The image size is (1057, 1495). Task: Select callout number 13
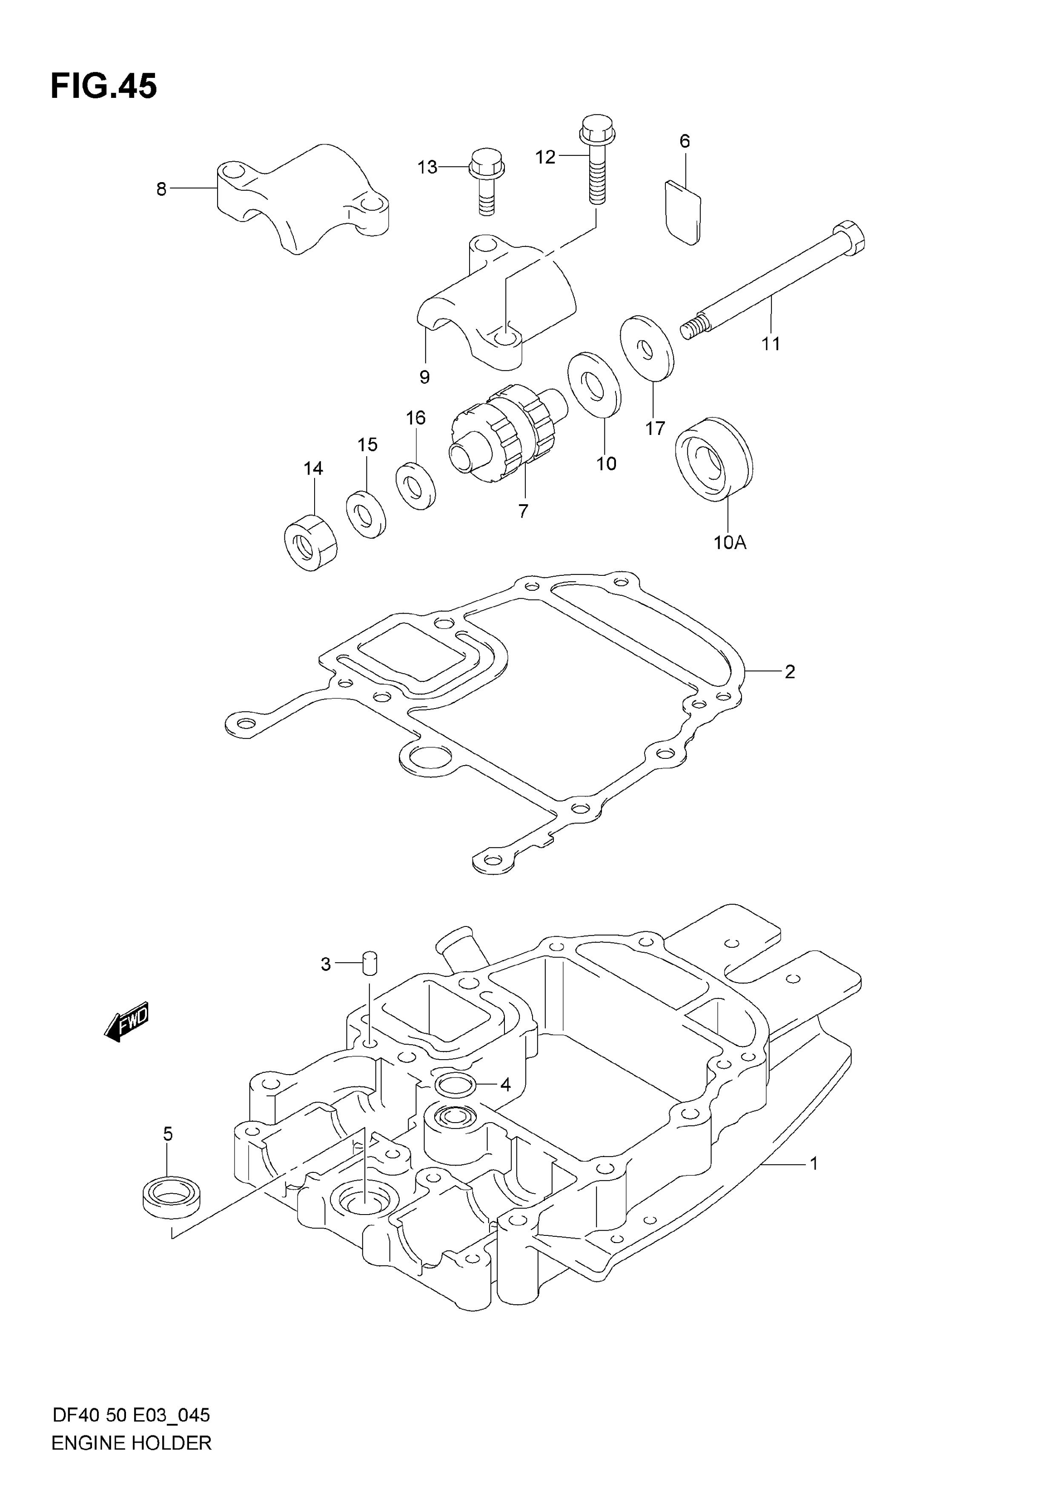click(x=427, y=167)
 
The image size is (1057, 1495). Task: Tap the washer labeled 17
click(x=647, y=347)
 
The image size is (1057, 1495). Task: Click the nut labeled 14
click(x=311, y=543)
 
